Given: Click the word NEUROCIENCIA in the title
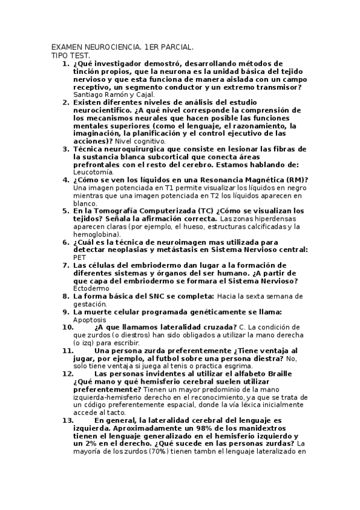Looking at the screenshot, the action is tap(113, 47).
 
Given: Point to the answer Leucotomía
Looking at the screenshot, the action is tap(93, 172).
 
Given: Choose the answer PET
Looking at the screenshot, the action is tap(79, 257).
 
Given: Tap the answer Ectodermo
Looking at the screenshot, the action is tap(92, 289).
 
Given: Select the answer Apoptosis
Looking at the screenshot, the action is tap(89, 320).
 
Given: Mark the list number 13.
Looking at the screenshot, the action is tap(67, 420).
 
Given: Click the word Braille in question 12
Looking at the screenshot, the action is tap(284, 374).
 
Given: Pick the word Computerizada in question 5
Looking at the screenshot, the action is tap(155, 211).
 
